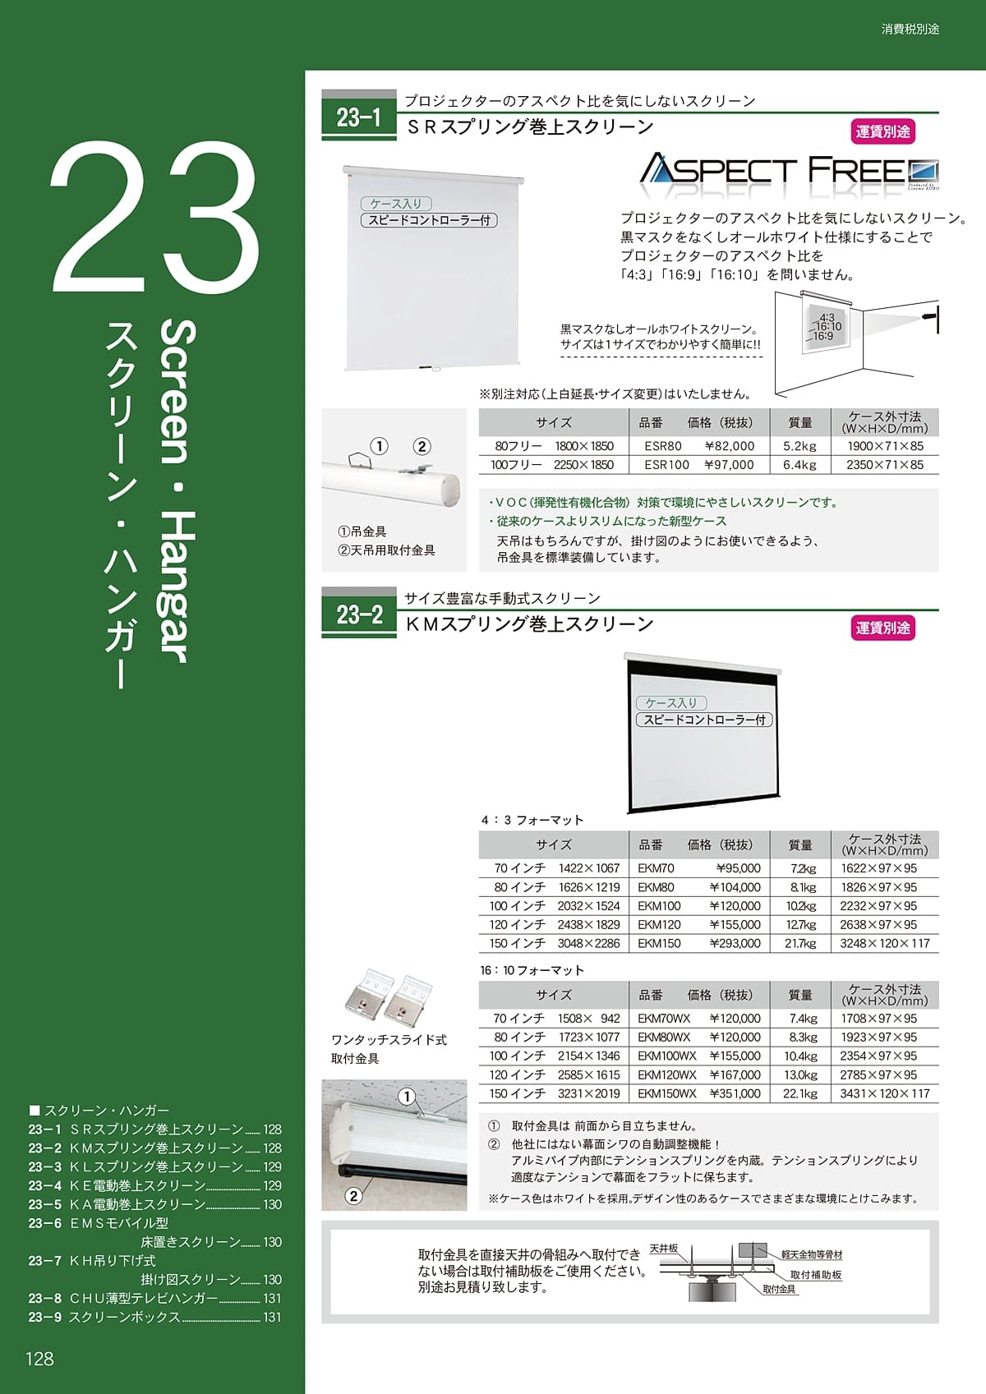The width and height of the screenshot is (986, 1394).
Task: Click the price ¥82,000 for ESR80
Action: click(730, 446)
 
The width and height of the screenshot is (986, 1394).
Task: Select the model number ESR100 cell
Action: click(666, 465)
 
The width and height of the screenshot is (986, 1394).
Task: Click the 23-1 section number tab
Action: click(359, 118)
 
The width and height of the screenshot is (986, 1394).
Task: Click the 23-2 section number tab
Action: click(359, 614)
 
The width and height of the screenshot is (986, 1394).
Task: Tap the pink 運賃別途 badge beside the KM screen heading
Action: click(882, 628)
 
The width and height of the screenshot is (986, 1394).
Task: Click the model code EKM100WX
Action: click(666, 1056)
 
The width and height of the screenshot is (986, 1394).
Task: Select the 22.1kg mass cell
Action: click(800, 1094)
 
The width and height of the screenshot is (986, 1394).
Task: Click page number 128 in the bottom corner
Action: click(39, 1359)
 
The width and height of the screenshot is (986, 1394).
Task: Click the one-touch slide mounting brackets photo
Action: click(389, 997)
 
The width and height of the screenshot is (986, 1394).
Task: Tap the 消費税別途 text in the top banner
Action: click(910, 29)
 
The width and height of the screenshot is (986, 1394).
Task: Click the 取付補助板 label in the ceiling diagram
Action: click(815, 1275)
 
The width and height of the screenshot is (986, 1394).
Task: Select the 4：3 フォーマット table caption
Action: click(532, 821)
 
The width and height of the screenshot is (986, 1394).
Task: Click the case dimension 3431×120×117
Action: click(884, 1094)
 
